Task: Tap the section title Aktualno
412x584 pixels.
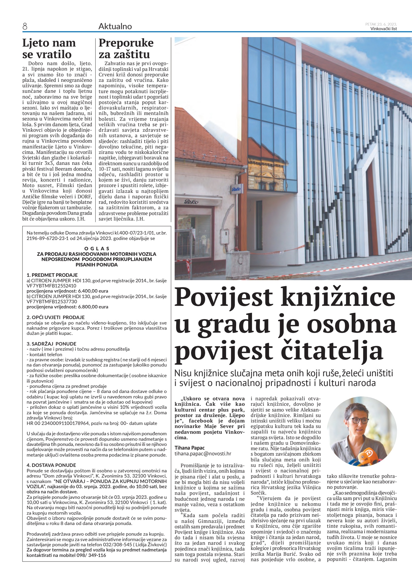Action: [115, 26]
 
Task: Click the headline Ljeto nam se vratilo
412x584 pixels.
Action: [49, 48]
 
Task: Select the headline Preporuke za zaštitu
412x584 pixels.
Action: [126, 48]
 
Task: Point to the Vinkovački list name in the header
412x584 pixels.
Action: [383, 29]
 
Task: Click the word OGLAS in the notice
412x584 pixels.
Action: [96, 249]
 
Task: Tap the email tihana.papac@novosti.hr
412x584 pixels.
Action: [203, 454]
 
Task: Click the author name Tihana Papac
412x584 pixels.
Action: [190, 448]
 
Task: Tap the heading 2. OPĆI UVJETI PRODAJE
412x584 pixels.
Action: [56, 317]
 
